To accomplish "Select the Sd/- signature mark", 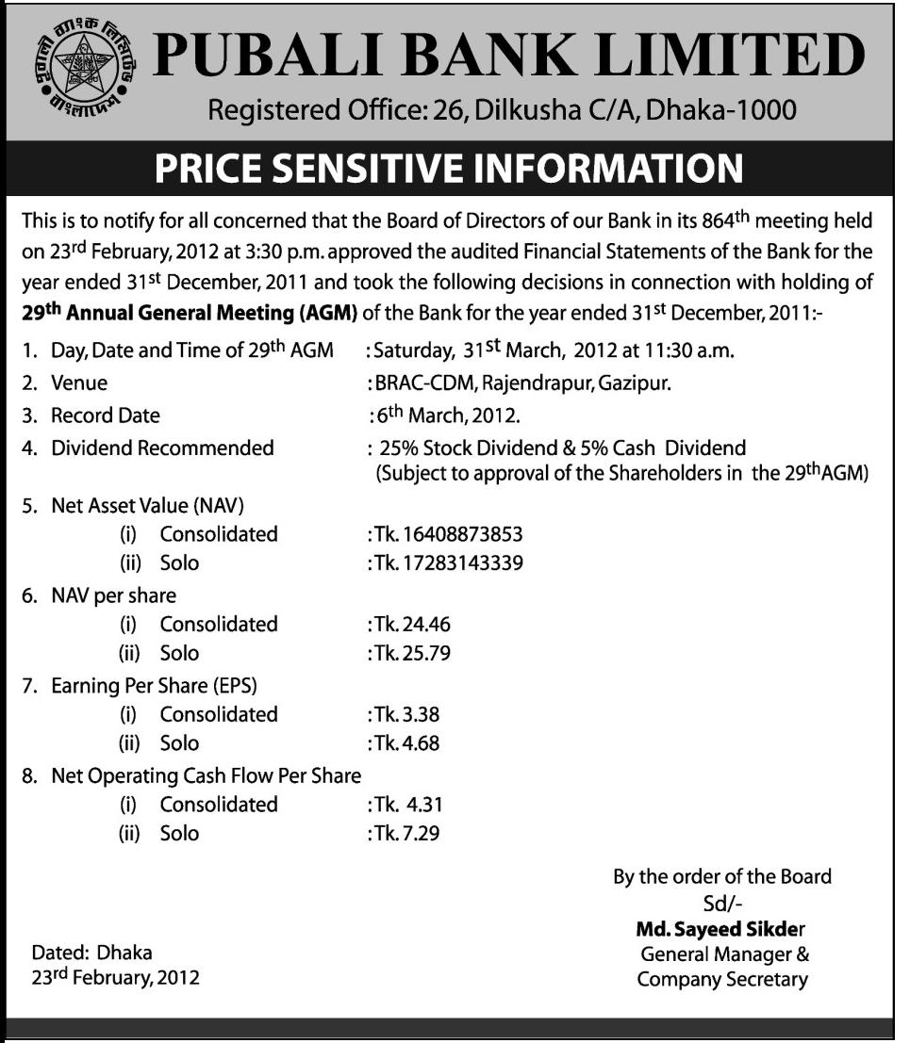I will [722, 903].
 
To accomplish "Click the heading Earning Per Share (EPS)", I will [155, 685].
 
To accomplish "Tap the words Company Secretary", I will [722, 979].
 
